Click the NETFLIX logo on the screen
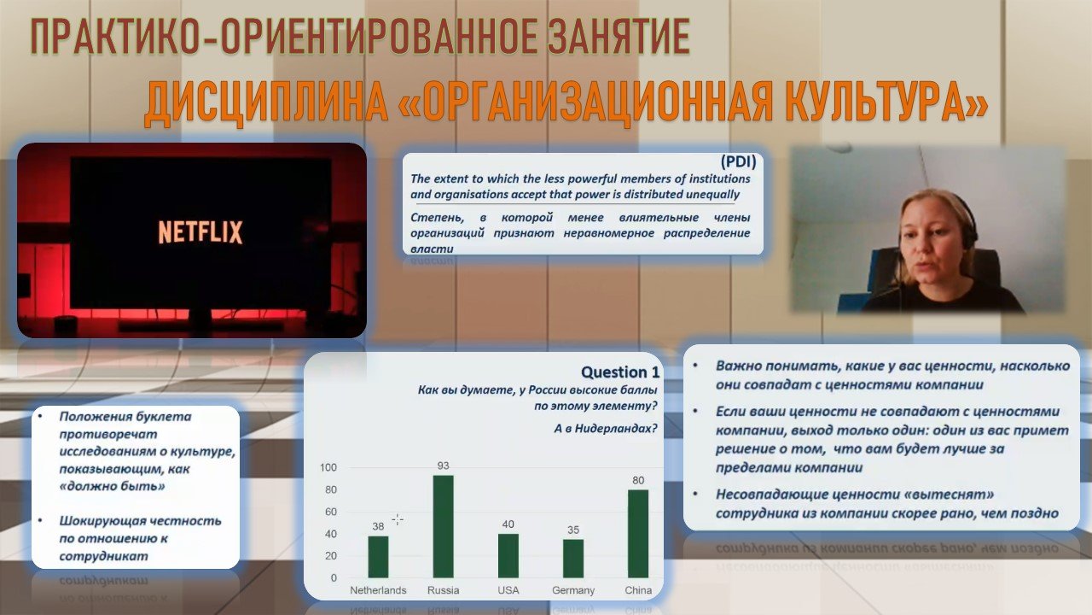(x=200, y=231)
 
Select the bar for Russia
(x=443, y=527)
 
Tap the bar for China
(x=638, y=534)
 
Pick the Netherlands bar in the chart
(x=378, y=557)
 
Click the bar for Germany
(x=573, y=559)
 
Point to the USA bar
(x=508, y=556)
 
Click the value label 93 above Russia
(x=443, y=466)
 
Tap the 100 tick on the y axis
(x=328, y=467)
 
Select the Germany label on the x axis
(x=573, y=590)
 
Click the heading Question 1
(x=620, y=372)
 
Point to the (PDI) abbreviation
(x=739, y=161)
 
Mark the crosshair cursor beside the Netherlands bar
(x=398, y=520)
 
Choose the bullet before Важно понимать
(x=695, y=365)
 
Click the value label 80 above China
(x=638, y=480)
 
